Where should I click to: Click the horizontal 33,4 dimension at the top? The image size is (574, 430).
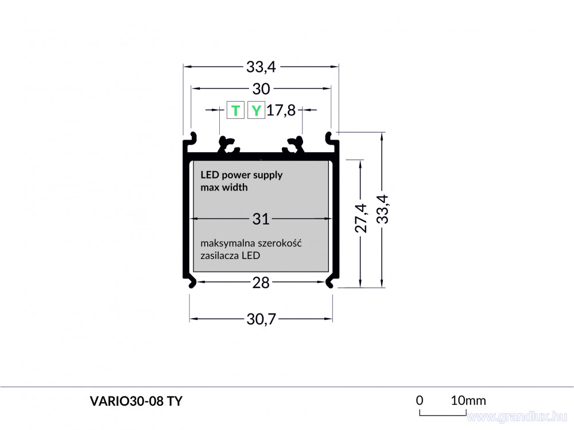[261, 67]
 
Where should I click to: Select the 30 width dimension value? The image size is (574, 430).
[261, 89]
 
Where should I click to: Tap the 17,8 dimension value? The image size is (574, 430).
[281, 110]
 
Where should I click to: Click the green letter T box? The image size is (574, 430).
[235, 110]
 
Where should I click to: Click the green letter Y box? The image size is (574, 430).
[256, 110]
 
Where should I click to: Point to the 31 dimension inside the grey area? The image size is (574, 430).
[261, 219]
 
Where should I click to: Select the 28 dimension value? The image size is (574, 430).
[261, 283]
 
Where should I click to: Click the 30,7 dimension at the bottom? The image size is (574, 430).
[261, 319]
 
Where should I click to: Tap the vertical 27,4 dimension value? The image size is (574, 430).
[361, 218]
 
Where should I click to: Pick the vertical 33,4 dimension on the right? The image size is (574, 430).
[382, 209]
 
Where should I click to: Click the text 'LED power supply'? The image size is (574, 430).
[242, 175]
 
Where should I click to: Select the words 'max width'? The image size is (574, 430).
[224, 187]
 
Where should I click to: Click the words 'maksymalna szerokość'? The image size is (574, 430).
[251, 243]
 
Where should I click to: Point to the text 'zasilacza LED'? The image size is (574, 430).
[230, 255]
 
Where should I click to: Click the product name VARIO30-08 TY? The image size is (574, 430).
[136, 401]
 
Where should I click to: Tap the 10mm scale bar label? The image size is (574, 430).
[468, 401]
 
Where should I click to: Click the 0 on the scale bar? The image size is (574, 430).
[420, 400]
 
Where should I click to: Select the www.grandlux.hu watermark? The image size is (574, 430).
[517, 416]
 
